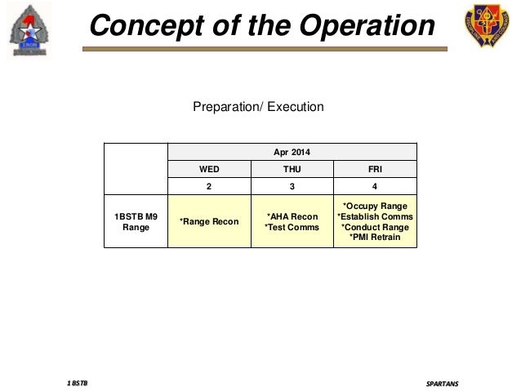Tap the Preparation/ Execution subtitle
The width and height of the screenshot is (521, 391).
coord(258,107)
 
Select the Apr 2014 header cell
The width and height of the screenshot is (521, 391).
coord(292,152)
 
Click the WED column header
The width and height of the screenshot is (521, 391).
coord(209,170)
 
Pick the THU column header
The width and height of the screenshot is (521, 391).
coord(292,170)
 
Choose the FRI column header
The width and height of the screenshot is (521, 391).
coord(375,170)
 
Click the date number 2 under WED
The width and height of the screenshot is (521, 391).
coord(209,187)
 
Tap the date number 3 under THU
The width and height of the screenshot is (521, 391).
coord(292,187)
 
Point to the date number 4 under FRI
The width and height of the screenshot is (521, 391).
coord(375,187)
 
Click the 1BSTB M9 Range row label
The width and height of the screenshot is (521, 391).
coord(136,221)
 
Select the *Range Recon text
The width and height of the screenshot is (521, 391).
coord(209,222)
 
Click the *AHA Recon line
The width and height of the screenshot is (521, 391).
coord(292,216)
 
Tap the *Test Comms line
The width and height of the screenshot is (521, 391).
coord(292,227)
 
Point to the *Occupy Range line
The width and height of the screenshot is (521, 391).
coord(375,206)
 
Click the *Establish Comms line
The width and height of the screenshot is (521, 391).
coord(375,216)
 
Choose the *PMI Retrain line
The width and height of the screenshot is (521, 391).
coord(375,238)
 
